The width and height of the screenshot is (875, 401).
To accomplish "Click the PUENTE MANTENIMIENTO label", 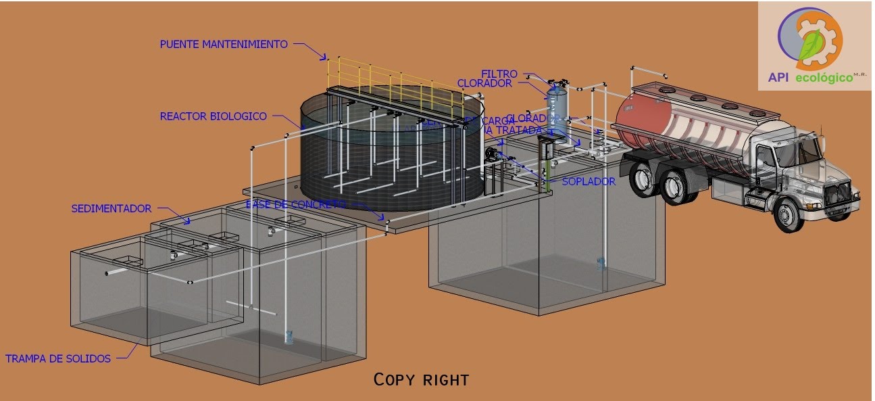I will pos(224,45).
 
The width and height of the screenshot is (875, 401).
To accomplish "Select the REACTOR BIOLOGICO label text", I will pos(213,116).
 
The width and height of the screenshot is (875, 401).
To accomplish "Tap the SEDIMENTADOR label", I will pos(111,209).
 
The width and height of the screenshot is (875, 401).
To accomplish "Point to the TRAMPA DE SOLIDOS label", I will pos(58,359).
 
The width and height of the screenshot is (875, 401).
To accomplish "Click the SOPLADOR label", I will pos(589,182).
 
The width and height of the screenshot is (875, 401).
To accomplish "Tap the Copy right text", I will pos(421,380).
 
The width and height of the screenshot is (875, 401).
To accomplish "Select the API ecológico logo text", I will pos(811,78).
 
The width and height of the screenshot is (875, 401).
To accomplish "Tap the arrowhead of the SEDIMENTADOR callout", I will pos(189,221).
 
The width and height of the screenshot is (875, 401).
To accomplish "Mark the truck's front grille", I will pos(841,189).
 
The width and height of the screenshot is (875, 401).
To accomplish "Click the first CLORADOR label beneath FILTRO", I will pos(484,83).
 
